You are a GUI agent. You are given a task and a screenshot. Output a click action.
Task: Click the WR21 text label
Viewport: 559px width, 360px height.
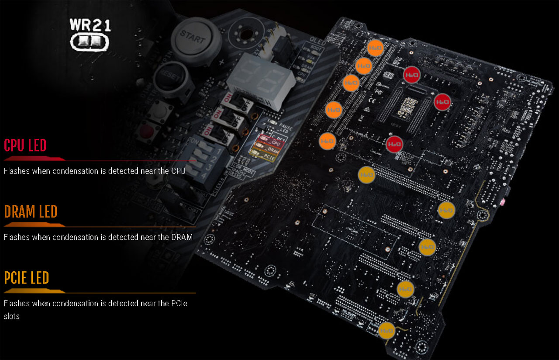coord(90,24)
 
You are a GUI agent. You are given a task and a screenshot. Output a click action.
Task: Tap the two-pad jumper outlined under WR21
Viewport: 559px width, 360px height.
coord(90,42)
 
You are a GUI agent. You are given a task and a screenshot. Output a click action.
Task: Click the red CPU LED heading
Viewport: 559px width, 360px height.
coord(25,145)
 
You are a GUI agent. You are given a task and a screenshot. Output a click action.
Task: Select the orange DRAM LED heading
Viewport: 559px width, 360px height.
coord(31,211)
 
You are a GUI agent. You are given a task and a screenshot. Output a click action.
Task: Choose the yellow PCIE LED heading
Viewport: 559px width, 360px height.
coord(27,278)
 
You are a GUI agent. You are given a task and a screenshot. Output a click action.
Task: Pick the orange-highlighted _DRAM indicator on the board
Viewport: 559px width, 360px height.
coord(268,149)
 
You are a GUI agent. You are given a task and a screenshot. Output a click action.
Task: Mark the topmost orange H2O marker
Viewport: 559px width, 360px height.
coord(375,48)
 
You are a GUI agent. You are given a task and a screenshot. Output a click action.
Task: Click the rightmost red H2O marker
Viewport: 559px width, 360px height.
coord(442,102)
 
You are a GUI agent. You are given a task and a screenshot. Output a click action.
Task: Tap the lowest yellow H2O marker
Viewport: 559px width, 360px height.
coord(387,331)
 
